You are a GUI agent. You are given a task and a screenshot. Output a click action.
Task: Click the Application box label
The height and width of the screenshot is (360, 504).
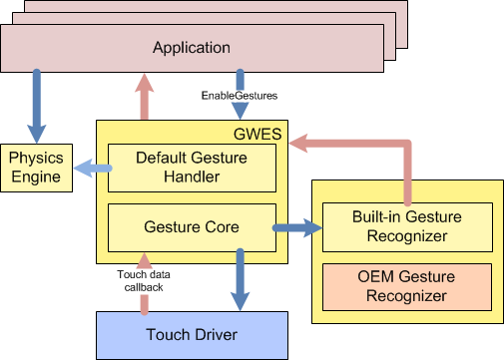point(192,47)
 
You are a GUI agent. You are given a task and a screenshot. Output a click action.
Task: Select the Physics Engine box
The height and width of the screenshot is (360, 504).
point(36,168)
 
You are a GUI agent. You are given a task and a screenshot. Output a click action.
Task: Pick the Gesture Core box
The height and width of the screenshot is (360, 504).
point(192,227)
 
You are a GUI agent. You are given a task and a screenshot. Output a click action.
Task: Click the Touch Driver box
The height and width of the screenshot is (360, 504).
point(192,333)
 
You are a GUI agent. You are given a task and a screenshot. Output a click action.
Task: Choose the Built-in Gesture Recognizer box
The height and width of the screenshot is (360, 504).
point(407,227)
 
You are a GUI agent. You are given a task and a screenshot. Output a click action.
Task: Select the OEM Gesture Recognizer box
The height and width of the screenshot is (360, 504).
point(407,286)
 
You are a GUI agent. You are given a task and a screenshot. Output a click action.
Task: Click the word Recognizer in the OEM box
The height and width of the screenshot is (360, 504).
point(407,295)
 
